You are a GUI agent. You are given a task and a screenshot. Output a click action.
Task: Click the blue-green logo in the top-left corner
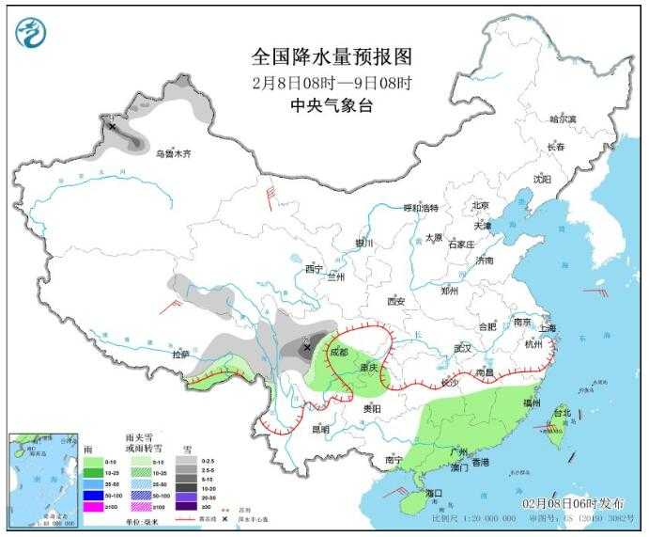tap(31, 33)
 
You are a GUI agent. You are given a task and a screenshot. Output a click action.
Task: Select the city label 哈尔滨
tap(563, 118)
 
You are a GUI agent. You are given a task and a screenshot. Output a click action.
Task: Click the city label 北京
tap(481, 205)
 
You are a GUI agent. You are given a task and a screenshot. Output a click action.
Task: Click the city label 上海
tap(548, 328)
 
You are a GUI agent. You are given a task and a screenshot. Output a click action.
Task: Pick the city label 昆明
tap(320, 429)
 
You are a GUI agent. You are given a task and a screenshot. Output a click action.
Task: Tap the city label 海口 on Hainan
tap(433, 493)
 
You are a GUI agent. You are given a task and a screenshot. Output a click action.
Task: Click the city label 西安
tap(395, 301)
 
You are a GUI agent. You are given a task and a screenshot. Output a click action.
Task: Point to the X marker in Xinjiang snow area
tap(112, 126)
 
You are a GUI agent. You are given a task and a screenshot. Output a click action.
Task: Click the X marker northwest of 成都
tap(306, 348)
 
